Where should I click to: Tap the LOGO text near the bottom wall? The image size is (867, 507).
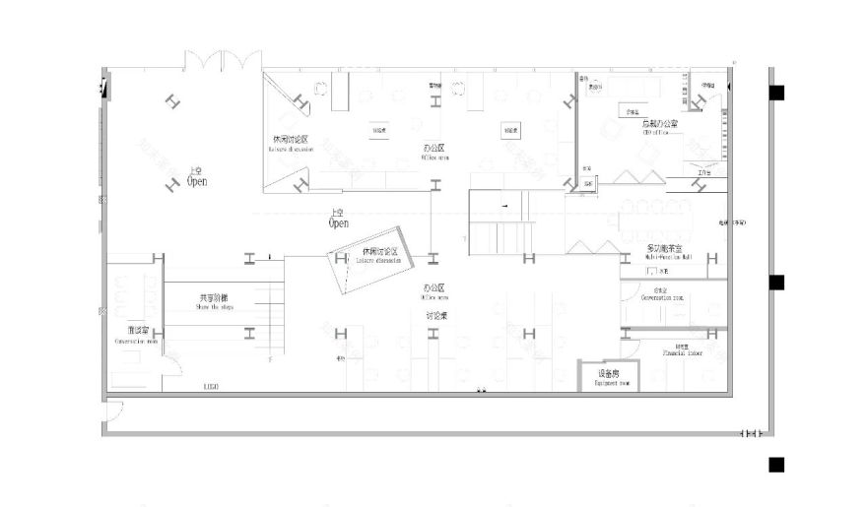tap(211, 387)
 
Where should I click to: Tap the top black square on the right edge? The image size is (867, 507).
tap(777, 94)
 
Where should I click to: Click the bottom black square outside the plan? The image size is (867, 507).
tap(776, 465)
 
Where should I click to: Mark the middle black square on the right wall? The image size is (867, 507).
tap(776, 283)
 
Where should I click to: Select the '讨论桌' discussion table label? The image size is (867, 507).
tap(436, 315)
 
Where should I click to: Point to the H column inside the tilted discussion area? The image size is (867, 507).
tap(341, 258)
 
